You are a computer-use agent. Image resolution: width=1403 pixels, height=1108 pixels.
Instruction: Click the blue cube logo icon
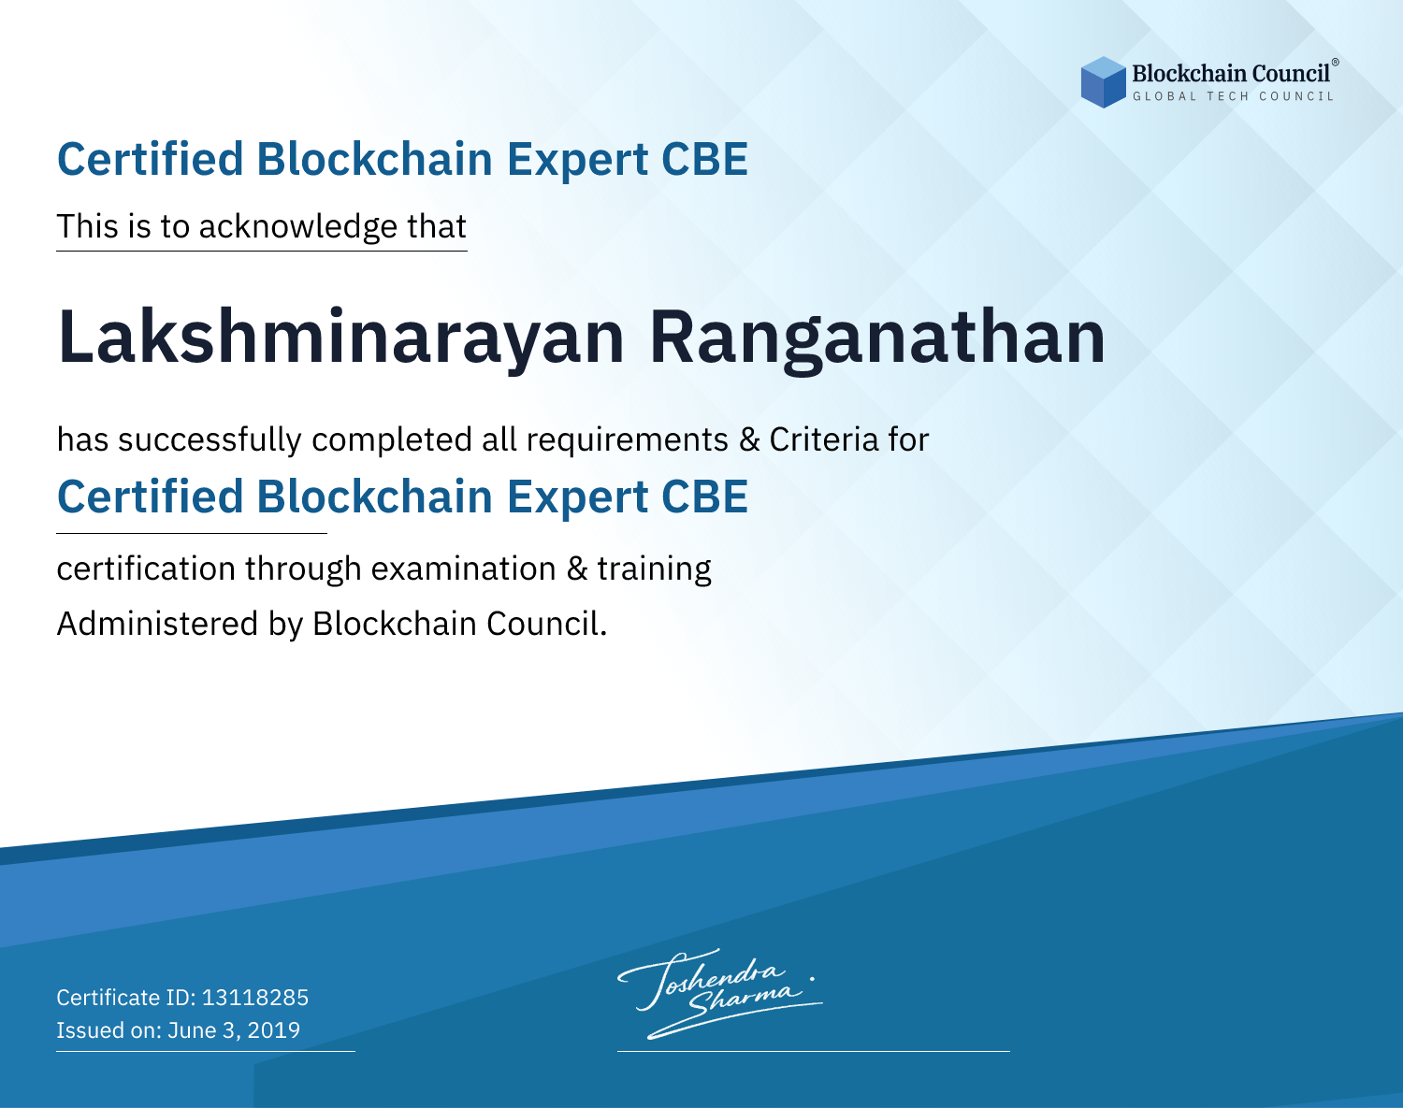[1103, 82]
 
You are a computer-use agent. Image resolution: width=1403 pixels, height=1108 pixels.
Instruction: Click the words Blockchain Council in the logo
[1231, 74]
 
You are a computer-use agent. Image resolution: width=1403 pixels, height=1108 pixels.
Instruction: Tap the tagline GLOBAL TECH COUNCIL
[1233, 96]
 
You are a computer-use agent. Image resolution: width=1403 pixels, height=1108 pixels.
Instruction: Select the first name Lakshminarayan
[341, 338]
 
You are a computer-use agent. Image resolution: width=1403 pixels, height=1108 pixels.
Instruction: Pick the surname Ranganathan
[877, 338]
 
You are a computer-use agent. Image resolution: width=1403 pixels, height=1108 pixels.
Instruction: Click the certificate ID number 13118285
[255, 997]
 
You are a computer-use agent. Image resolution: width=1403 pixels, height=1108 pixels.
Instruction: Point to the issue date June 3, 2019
[234, 1029]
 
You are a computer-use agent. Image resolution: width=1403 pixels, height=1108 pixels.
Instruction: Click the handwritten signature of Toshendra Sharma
[720, 993]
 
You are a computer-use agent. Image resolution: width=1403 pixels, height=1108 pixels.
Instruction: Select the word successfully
[210, 439]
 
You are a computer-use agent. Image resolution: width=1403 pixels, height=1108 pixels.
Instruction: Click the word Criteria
[823, 439]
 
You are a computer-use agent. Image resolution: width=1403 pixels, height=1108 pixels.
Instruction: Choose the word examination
[464, 568]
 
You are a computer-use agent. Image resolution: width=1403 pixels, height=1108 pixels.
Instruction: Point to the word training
[654, 568]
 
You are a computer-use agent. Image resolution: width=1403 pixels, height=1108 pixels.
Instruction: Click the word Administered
[158, 623]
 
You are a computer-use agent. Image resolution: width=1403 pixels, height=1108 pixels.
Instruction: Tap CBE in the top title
[704, 159]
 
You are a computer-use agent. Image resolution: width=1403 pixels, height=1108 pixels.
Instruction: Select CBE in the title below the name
[704, 496]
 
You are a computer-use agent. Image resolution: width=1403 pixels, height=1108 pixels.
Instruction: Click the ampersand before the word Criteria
[749, 439]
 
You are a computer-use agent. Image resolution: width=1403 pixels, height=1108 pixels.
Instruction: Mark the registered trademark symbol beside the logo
[1336, 62]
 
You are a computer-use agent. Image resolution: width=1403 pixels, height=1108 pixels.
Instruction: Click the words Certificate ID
[126, 997]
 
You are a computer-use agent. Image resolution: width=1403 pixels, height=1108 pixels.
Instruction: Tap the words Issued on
[108, 1029]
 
